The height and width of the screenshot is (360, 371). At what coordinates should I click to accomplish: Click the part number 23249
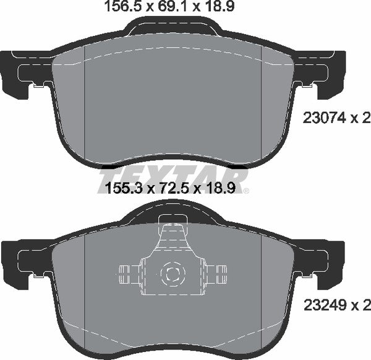[325, 306]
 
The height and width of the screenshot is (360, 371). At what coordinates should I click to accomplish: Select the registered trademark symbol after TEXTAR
[246, 191]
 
